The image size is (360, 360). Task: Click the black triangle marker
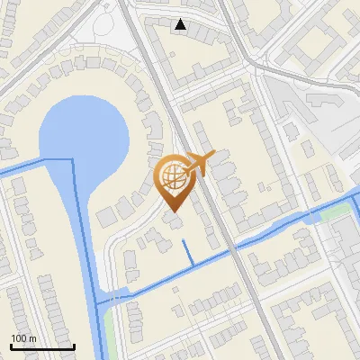[182, 24]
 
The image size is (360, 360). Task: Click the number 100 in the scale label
[19, 338]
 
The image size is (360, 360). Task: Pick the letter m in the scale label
[33, 338]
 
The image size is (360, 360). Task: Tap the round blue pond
[85, 135]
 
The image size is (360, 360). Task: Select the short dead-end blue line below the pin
[187, 253]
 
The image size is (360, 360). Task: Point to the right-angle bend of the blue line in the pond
[73, 159]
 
